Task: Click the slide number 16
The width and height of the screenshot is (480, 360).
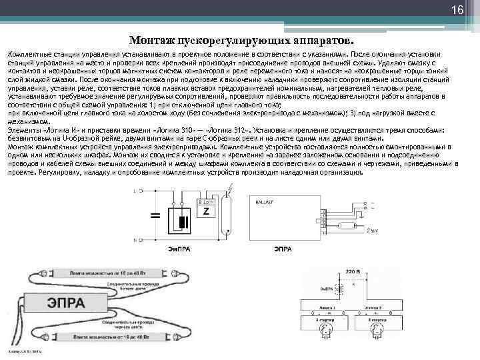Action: tap(457, 11)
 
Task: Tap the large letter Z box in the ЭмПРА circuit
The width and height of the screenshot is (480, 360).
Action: tap(206, 211)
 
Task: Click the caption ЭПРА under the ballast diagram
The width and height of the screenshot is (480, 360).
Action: tap(283, 249)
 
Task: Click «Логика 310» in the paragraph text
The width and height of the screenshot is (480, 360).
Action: tap(174, 130)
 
